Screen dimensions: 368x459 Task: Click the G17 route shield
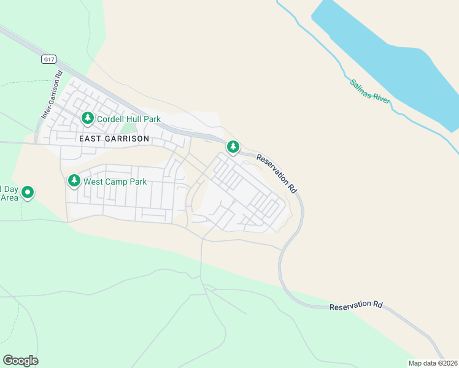click(49, 59)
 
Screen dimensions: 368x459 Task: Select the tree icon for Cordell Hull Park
click(88, 117)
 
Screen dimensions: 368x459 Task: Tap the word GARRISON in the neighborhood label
click(127, 139)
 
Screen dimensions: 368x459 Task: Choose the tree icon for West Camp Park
click(74, 181)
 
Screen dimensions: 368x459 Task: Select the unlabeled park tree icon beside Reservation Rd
click(233, 147)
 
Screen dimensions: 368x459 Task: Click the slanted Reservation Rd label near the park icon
click(277, 174)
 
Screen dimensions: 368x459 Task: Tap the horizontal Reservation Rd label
click(356, 305)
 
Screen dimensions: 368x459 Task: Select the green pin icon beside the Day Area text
click(28, 193)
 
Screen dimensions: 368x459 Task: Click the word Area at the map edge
click(9, 197)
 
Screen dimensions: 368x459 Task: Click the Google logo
click(20, 361)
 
